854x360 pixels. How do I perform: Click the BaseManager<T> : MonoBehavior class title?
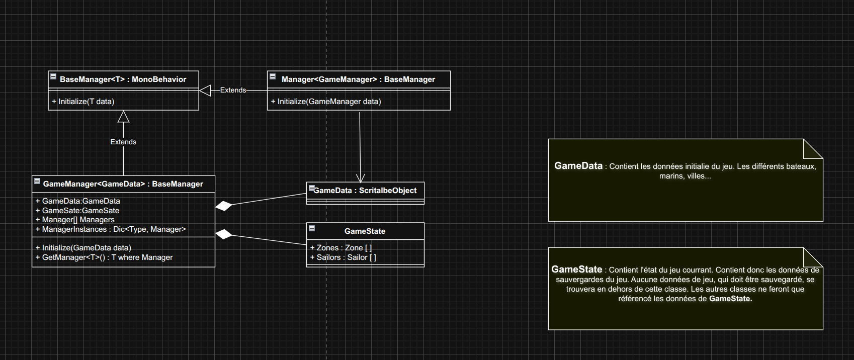point(123,79)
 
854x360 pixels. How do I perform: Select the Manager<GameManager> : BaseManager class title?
point(358,79)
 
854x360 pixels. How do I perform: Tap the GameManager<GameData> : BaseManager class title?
point(123,184)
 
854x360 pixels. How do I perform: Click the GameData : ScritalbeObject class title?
point(365,191)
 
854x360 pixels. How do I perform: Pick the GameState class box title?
point(365,231)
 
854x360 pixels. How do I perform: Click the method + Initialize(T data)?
point(83,102)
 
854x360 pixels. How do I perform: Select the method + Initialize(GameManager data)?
point(326,102)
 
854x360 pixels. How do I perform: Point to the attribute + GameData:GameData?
point(77,201)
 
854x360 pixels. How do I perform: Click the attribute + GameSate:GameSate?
point(77,211)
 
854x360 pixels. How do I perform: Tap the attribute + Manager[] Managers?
point(75,220)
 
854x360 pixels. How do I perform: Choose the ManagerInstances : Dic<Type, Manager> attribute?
point(111,229)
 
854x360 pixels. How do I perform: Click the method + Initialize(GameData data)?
point(83,248)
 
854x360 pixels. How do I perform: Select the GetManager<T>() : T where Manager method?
point(104,257)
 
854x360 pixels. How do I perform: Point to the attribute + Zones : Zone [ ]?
point(341,248)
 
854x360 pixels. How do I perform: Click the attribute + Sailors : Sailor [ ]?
point(343,257)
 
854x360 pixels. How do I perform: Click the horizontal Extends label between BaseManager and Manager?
point(233,91)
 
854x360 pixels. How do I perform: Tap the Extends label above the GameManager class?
point(123,142)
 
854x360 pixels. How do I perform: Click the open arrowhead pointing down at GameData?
point(360,178)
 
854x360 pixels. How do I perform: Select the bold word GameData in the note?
point(578,166)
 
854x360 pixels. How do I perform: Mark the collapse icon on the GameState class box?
point(312,228)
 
